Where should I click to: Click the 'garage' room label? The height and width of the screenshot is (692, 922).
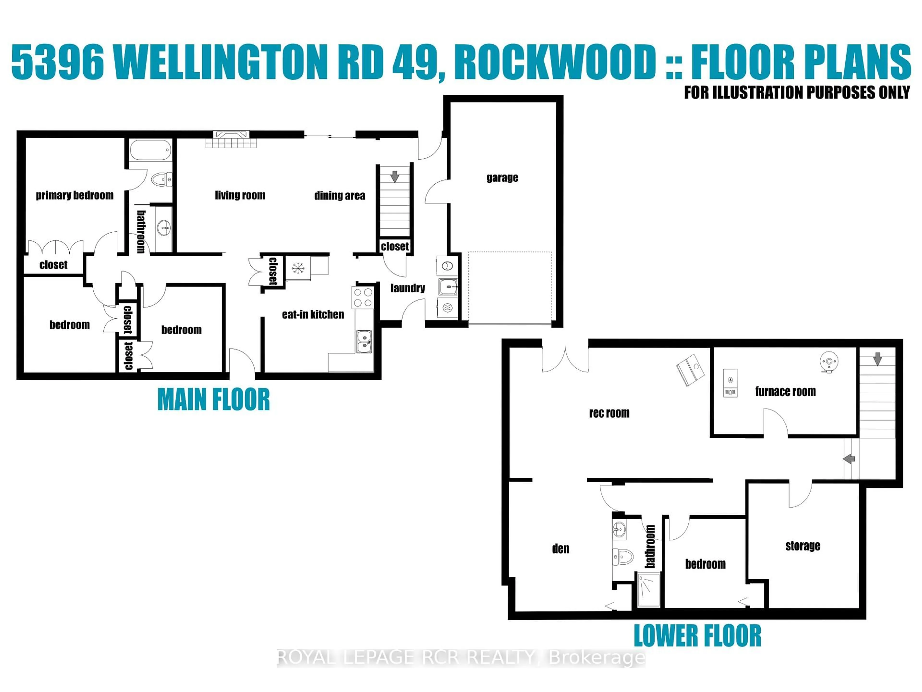[x=502, y=178]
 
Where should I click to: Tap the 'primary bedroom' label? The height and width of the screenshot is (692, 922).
[x=75, y=195]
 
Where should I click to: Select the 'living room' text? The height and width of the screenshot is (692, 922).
[x=240, y=195]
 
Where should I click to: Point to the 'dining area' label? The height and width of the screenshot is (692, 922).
[x=340, y=196]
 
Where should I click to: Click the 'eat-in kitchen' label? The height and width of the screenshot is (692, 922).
[x=313, y=315]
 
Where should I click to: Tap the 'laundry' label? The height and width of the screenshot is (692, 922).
[x=408, y=288]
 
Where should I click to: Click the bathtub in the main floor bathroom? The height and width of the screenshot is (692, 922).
[x=150, y=150]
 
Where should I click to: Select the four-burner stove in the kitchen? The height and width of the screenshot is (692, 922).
[x=363, y=297]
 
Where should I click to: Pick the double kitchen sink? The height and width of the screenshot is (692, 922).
[x=364, y=341]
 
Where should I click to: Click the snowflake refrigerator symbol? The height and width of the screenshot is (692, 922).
[x=297, y=268]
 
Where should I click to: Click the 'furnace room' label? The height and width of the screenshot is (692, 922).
[x=785, y=391]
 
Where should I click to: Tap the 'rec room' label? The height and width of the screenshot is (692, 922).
[x=609, y=413]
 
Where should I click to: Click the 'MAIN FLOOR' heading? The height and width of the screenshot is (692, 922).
[x=213, y=400]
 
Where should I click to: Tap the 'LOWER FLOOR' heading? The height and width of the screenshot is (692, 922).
[x=697, y=636]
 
